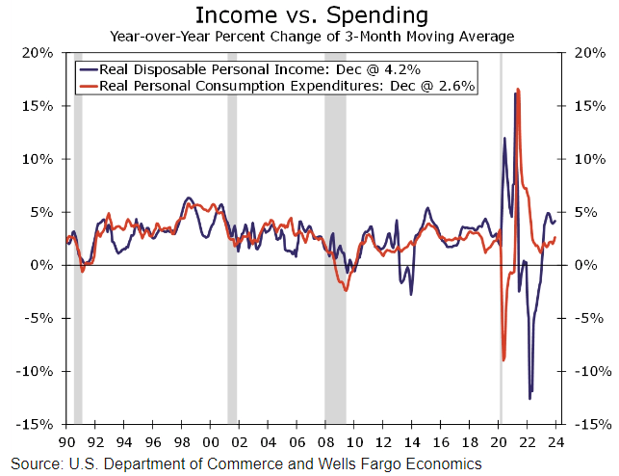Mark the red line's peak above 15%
point(518,90)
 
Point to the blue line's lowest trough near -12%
point(529,398)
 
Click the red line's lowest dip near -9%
point(503,359)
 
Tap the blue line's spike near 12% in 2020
point(504,139)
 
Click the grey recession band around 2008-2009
point(334,241)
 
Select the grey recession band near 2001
point(232,241)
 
